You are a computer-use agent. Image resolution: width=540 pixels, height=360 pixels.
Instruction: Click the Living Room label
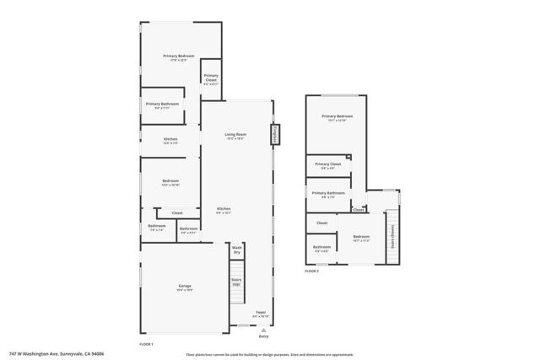pos(235,137)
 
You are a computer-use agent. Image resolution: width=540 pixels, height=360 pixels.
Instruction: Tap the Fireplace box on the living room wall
pos(274,134)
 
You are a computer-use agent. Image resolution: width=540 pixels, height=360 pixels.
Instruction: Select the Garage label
pos(185,287)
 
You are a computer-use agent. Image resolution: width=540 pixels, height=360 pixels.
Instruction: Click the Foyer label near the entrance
pos(261,314)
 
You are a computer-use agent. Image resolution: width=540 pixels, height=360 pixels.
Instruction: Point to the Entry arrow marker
pos(263,335)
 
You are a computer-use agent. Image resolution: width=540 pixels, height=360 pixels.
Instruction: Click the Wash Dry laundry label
pos(237,250)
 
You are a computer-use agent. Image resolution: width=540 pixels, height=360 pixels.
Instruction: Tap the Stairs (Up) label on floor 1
pos(237,282)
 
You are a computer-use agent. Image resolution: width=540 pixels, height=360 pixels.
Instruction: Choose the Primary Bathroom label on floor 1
pos(163,105)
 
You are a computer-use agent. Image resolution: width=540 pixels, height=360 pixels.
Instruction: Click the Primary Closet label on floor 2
pos(328,165)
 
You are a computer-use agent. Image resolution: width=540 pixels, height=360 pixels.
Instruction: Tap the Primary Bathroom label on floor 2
pos(328,194)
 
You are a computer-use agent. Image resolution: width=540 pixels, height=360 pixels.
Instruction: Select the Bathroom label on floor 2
pos(322,250)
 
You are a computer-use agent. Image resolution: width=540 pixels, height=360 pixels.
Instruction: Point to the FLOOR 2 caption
pos(312,271)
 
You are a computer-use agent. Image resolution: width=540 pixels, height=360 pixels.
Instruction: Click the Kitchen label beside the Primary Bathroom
pos(170,140)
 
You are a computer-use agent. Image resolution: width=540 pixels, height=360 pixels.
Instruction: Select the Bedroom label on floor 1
pos(170,182)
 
